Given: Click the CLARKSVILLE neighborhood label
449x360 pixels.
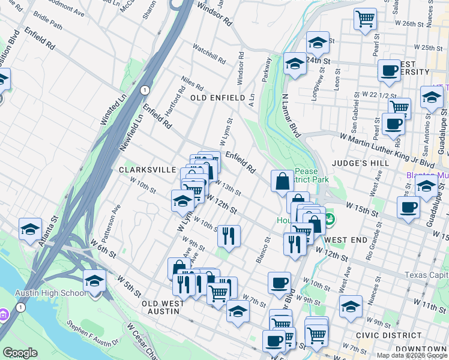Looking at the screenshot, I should coord(147,170).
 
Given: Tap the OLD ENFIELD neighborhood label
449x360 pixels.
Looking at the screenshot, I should coord(217,98).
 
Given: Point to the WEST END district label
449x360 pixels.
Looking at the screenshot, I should coord(346,240).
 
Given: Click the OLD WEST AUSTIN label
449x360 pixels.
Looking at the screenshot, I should coord(163,304).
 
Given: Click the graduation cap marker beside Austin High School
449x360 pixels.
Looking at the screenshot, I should coord(94,281).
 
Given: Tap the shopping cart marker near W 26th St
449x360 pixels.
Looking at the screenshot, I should coord(365,20).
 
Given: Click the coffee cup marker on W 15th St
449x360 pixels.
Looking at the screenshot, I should coord(408,208).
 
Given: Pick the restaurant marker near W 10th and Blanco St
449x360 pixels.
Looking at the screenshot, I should coord(229,235).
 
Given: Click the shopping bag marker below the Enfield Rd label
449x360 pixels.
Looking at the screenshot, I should coord(282,181).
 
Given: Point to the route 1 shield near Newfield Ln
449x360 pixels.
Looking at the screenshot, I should coord(145,90).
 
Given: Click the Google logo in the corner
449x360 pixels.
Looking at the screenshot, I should coord(19,353).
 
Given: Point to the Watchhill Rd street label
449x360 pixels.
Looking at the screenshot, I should coord(209,54).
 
